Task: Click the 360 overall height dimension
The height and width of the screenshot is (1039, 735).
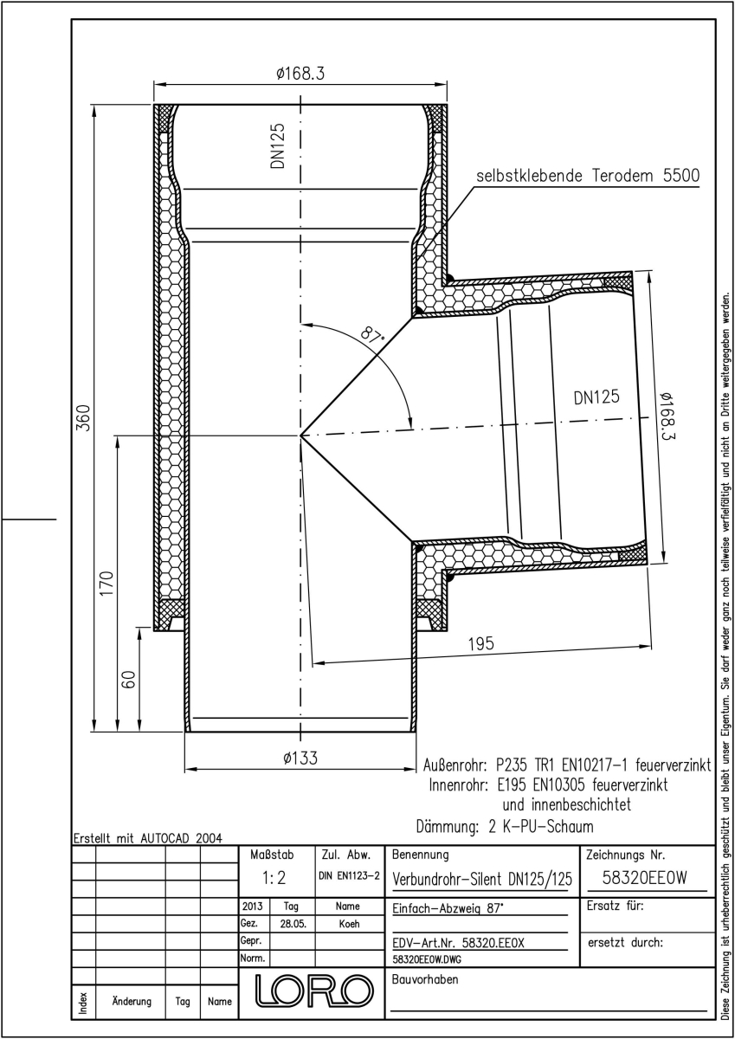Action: click(83, 417)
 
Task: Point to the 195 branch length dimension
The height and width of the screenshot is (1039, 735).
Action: click(481, 644)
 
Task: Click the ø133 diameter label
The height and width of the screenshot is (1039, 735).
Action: click(300, 758)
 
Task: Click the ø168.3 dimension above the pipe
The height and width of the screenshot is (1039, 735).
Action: click(300, 74)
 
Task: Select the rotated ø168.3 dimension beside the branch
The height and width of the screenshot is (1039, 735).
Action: click(667, 417)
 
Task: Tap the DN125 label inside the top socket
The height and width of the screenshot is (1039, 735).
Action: click(278, 145)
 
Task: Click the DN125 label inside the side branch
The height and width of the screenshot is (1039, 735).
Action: click(596, 397)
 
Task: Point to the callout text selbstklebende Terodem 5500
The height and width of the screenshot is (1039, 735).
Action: click(588, 176)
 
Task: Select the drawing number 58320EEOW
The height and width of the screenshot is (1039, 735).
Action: click(645, 878)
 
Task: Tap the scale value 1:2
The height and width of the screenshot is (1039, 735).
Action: click(274, 878)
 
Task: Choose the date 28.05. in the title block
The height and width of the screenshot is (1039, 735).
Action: click(293, 924)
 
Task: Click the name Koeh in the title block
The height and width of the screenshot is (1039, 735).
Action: click(349, 924)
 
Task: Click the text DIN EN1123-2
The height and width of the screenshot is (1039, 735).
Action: click(349, 875)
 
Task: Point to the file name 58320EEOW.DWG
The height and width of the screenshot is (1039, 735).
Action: click(427, 959)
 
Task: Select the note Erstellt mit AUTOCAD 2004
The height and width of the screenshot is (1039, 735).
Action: click(148, 838)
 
